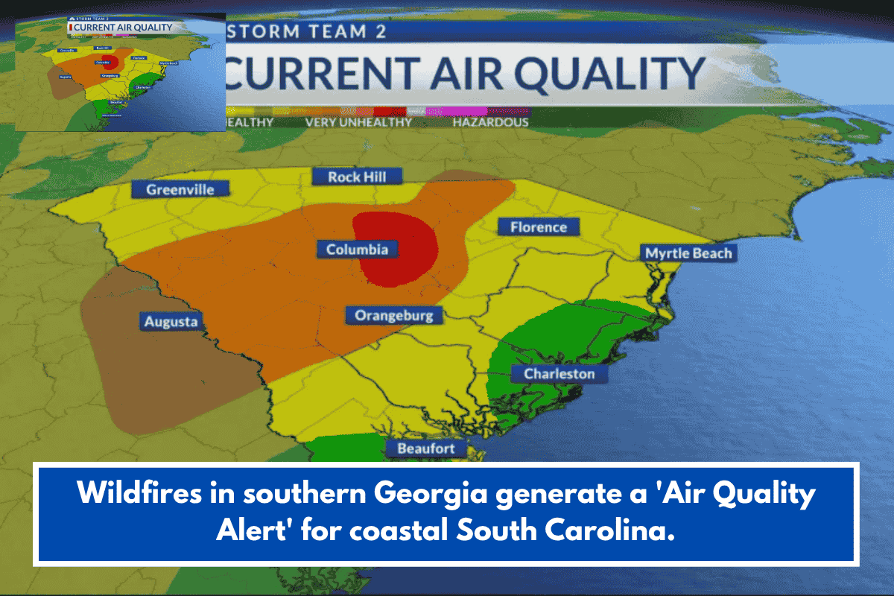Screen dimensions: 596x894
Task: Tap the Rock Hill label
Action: coord(355,177)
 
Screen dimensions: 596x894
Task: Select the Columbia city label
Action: coord(357,250)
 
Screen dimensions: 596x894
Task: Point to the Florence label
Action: coord(538,227)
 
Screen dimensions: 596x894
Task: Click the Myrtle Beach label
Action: coord(688,253)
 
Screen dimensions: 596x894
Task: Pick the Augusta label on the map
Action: coord(171,322)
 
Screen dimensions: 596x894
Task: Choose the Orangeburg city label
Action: coord(393,316)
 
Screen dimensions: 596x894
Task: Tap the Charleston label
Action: coord(559,373)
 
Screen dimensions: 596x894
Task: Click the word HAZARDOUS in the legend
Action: coord(490,122)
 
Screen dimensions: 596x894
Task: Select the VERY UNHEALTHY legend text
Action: coord(358,122)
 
